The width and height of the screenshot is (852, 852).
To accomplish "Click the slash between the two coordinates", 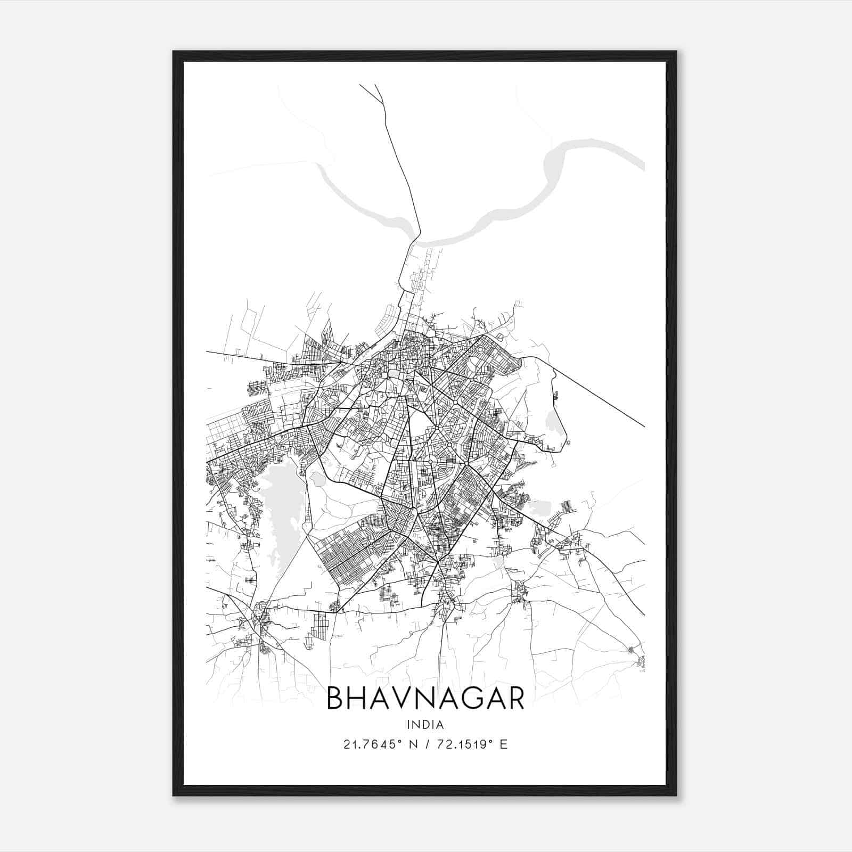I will pyautogui.click(x=428, y=744).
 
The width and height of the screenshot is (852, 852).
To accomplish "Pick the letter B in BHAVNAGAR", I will pyautogui.click(x=335, y=698).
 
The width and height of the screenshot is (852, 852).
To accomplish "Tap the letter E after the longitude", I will pyautogui.click(x=503, y=744).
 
